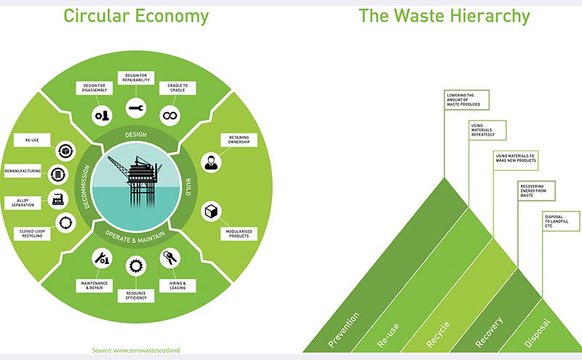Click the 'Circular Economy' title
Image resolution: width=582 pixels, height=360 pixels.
(x=136, y=15)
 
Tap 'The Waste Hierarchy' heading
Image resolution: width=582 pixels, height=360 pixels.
(x=444, y=15)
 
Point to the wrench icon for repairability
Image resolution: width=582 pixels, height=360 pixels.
(x=135, y=108)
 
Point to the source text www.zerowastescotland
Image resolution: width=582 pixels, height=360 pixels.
(x=135, y=351)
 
